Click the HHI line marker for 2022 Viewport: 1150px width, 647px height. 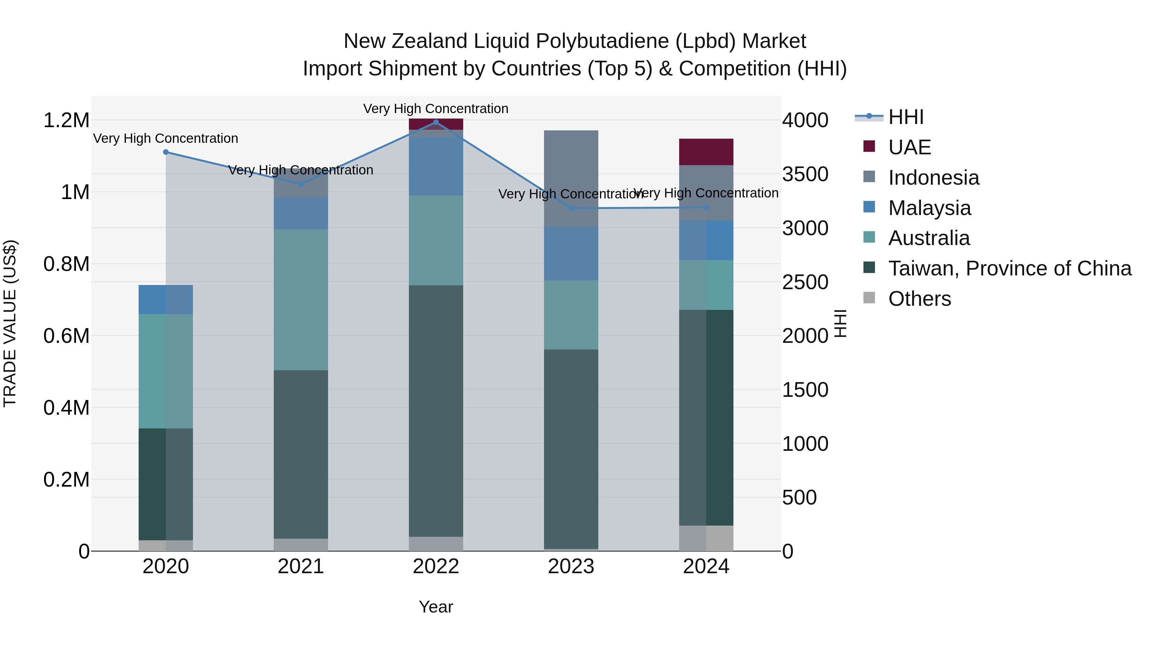[x=436, y=122]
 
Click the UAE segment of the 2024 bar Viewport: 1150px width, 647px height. [x=706, y=152]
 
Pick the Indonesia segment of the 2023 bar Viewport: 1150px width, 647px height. [x=571, y=178]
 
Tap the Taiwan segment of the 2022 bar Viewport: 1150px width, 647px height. [x=436, y=411]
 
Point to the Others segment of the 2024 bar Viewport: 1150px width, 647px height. [x=706, y=538]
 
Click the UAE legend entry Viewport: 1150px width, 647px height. [x=909, y=147]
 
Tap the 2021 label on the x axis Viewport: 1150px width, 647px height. [x=301, y=566]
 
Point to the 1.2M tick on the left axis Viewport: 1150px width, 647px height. [x=66, y=120]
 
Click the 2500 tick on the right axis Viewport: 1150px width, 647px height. [x=805, y=282]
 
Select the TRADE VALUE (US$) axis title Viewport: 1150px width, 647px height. [x=10, y=323]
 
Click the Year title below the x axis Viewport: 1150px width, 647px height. [x=436, y=607]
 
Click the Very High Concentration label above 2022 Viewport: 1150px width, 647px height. [x=436, y=109]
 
